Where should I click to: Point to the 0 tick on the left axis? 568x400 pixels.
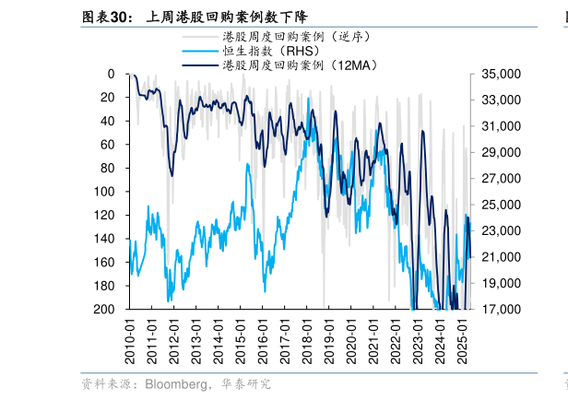(111, 74)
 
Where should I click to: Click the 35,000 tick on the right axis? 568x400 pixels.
(498, 74)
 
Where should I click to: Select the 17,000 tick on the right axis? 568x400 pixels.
(498, 310)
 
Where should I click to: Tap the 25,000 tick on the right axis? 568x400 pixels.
(498, 205)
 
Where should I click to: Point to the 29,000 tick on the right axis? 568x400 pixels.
(498, 152)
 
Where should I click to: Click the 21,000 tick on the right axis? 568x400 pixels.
(498, 257)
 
